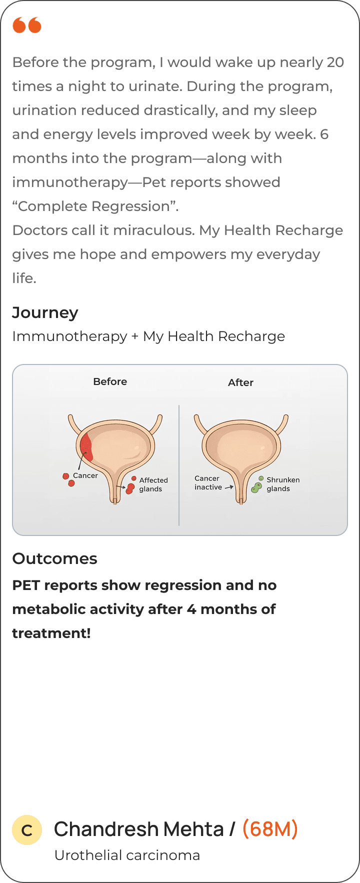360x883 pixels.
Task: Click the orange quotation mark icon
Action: click(x=27, y=24)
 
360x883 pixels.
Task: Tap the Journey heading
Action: click(x=45, y=313)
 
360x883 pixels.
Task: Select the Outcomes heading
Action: click(x=54, y=558)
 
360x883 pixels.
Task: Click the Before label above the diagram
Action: click(x=110, y=381)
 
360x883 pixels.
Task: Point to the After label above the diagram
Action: click(x=240, y=382)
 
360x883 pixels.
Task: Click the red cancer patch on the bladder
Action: click(x=86, y=446)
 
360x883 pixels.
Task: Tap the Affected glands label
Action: click(x=153, y=484)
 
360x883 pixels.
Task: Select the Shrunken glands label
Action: click(x=283, y=484)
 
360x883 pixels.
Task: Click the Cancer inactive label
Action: click(x=208, y=482)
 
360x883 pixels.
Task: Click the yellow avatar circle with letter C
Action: click(x=27, y=830)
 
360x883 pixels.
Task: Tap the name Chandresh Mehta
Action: click(x=138, y=829)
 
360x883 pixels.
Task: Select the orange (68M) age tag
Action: click(x=270, y=829)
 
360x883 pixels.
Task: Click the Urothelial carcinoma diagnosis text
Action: click(x=127, y=855)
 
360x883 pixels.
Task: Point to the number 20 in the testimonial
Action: click(x=335, y=62)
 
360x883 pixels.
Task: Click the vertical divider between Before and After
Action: click(x=179, y=465)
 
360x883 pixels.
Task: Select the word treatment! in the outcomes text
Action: click(x=51, y=633)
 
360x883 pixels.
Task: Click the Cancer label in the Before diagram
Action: click(x=85, y=475)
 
